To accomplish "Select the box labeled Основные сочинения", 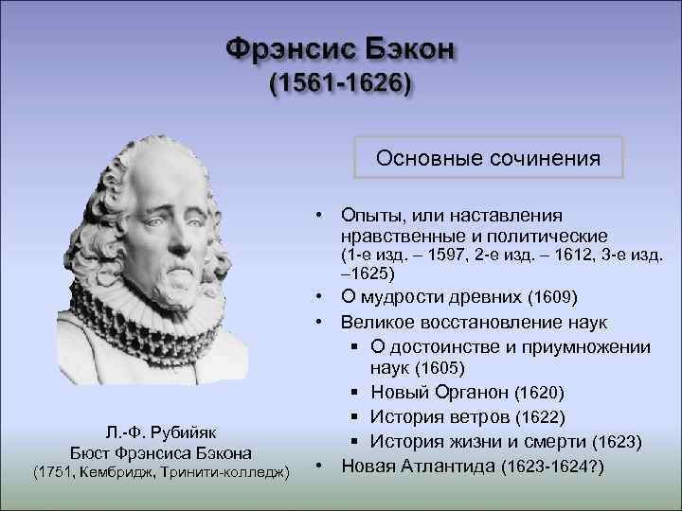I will point(488,157).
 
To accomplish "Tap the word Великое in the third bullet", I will point(377,323).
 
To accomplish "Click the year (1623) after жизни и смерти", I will point(618,442).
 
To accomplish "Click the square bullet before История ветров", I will point(352,417).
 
